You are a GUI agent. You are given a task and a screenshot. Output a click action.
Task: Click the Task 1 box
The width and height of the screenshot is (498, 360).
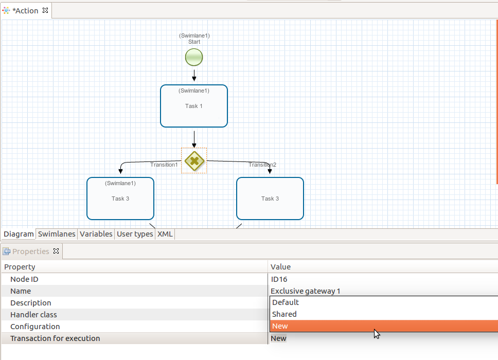click(x=194, y=106)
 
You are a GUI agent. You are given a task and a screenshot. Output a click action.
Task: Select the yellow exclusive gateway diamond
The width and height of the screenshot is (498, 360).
click(x=194, y=161)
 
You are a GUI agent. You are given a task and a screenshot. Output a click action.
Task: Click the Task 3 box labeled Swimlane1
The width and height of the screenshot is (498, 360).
click(x=120, y=199)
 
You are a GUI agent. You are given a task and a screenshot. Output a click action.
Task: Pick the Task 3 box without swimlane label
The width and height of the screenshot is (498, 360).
click(x=270, y=199)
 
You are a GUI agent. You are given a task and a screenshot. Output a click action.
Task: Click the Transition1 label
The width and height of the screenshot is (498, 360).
click(x=164, y=165)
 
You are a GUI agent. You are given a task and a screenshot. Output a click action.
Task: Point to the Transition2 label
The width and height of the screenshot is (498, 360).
click(x=262, y=165)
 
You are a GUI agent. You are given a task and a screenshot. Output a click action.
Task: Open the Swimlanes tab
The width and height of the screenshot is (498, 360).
click(x=57, y=234)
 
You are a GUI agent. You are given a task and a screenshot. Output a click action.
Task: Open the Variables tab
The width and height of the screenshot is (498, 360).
click(x=96, y=234)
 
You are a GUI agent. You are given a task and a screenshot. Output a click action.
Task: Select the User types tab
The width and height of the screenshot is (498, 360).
click(x=135, y=234)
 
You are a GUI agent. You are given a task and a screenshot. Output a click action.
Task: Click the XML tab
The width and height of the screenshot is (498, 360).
click(x=165, y=234)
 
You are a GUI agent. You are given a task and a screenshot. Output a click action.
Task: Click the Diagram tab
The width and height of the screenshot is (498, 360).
click(x=19, y=234)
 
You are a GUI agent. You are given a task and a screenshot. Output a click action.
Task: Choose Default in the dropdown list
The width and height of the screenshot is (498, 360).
click(x=286, y=302)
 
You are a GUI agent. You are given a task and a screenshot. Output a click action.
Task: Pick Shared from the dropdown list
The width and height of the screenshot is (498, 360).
click(x=284, y=314)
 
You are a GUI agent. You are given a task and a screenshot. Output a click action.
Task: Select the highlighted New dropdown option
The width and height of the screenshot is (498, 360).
click(x=280, y=326)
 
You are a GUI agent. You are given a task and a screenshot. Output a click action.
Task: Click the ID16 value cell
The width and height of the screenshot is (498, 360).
click(x=279, y=279)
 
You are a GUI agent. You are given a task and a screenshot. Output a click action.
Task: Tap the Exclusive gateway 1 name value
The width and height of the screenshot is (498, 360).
click(x=306, y=291)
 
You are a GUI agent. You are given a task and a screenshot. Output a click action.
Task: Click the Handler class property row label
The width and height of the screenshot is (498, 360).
click(x=33, y=315)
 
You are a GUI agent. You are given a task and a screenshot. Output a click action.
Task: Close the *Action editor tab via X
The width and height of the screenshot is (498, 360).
click(x=45, y=10)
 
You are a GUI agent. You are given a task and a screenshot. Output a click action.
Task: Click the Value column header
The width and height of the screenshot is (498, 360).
click(x=281, y=267)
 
